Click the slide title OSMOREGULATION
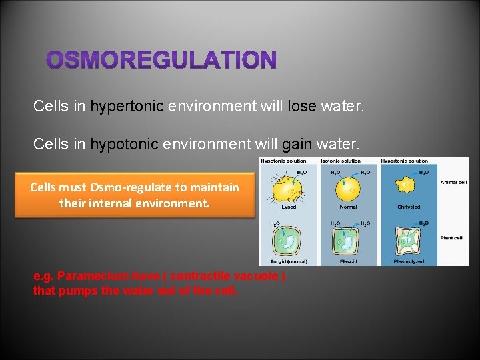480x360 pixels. coord(161,61)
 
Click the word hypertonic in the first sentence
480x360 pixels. coord(127,106)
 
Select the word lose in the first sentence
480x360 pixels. coord(302,106)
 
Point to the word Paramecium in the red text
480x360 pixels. coord(91,276)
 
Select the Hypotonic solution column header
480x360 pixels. coord(283,161)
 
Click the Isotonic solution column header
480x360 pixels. coord(342,161)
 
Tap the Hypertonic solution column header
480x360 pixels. coord(405,161)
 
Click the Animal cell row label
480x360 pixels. coord(453,181)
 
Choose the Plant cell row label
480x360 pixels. coord(451,238)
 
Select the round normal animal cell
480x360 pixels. coord(348,189)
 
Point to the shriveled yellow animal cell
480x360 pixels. coord(405,187)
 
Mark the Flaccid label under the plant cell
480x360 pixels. coord(348,262)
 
